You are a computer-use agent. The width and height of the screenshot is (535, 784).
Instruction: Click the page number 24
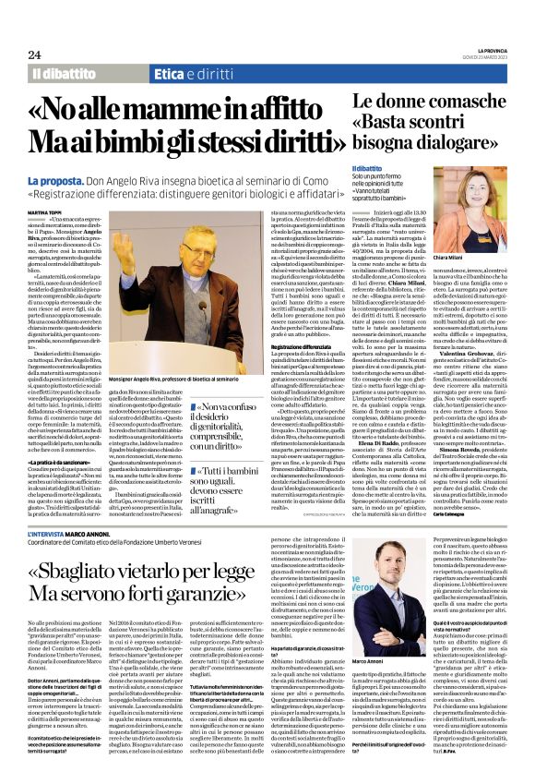34,54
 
